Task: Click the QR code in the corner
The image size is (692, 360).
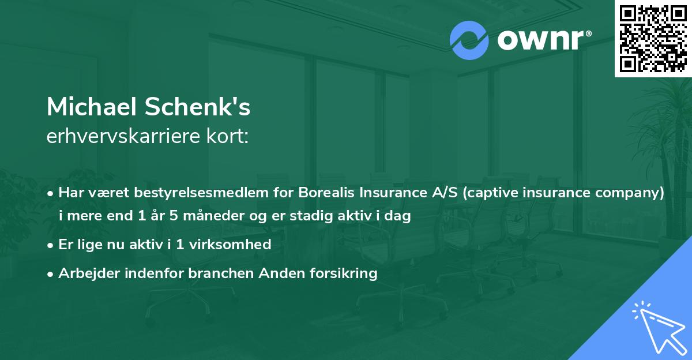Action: tap(653, 39)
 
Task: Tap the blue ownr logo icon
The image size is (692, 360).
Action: tap(469, 40)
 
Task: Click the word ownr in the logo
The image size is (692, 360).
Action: tap(539, 40)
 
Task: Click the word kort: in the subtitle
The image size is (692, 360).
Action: tap(232, 137)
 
